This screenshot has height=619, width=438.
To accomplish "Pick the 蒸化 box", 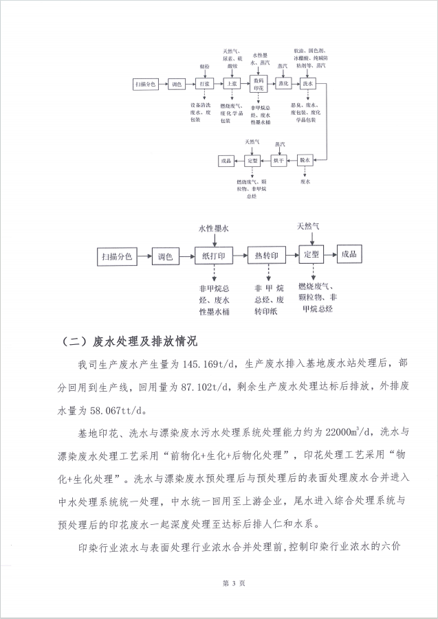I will pyautogui.click(x=283, y=84).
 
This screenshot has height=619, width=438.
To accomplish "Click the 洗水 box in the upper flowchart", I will pyautogui.click(x=307, y=84).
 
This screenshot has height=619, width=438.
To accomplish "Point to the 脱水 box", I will pyautogui.click(x=305, y=160).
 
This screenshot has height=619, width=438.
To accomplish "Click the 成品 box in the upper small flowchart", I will pyautogui.click(x=226, y=160).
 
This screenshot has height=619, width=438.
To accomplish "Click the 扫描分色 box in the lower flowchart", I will pyautogui.click(x=117, y=256).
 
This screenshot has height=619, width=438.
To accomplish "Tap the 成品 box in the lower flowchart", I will pyautogui.click(x=349, y=254).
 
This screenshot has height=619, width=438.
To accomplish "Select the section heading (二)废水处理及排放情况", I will pyautogui.click(x=129, y=341).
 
